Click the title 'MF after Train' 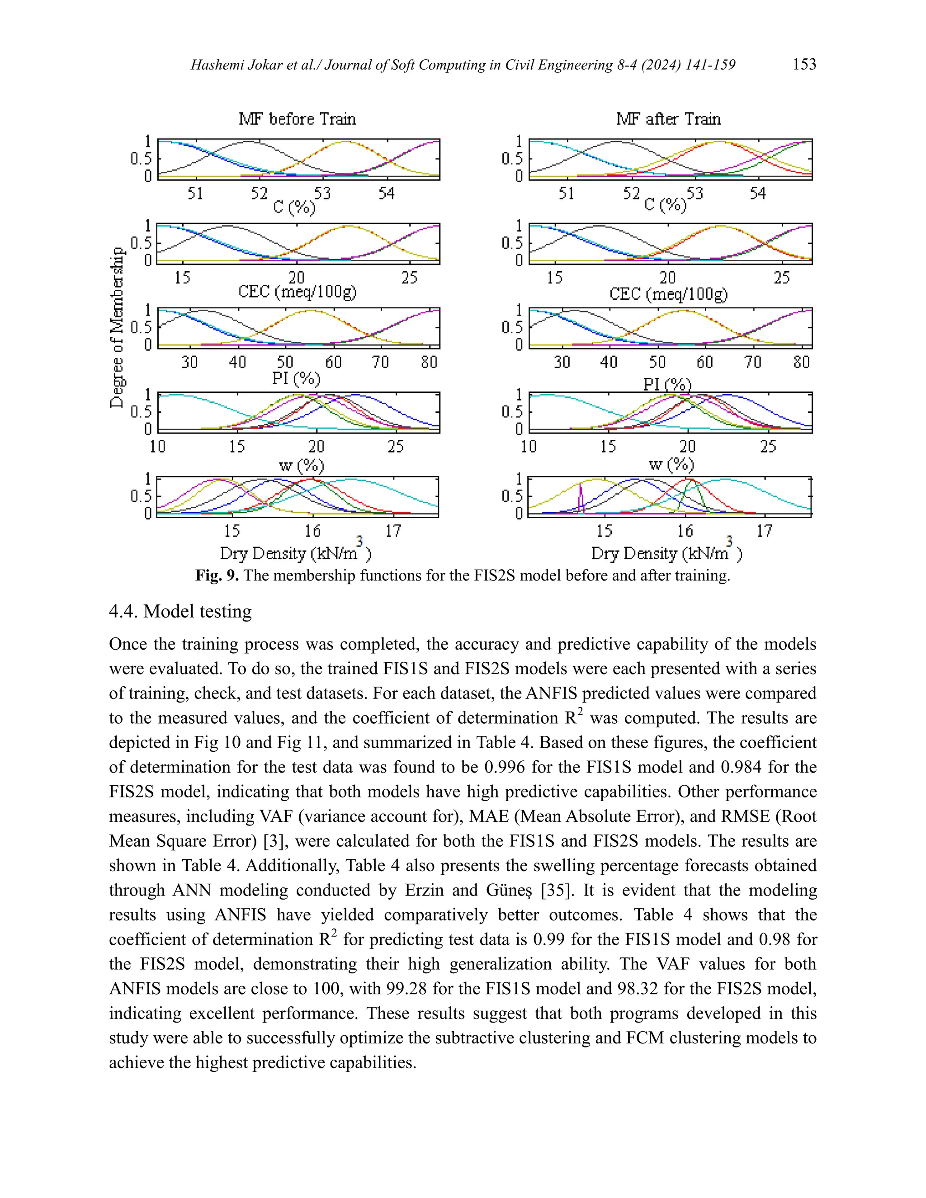click(668, 118)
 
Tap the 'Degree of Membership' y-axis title click(117, 327)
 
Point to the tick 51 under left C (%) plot click(195, 193)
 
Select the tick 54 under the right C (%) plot click(758, 193)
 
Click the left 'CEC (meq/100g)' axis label click(297, 291)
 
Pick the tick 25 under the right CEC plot click(781, 278)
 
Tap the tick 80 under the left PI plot click(429, 362)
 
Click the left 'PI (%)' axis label click(296, 378)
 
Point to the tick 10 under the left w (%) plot click(157, 447)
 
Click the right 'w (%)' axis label click(671, 465)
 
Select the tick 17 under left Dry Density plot click(393, 531)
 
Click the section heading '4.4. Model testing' click(180, 611)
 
